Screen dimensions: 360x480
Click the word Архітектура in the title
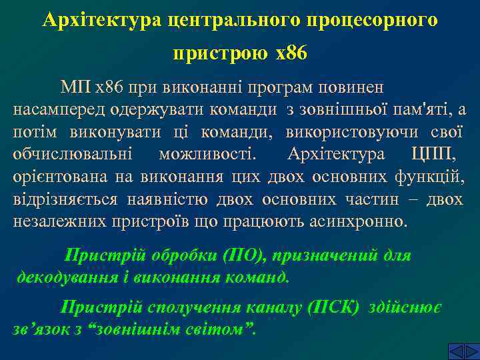97,21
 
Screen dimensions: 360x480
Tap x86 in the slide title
291,52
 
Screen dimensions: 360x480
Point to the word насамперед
55,110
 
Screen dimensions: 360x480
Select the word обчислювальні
73,155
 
